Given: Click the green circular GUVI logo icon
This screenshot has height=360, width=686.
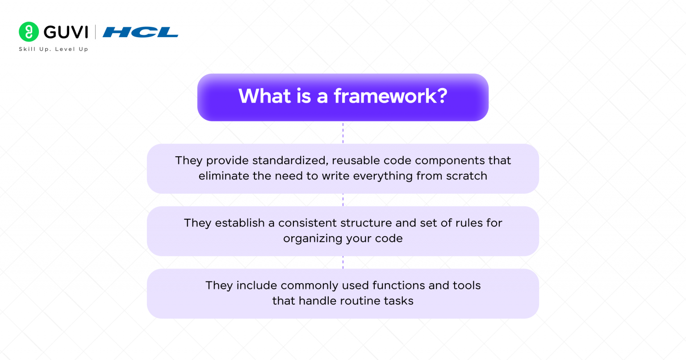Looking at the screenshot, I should coord(29,32).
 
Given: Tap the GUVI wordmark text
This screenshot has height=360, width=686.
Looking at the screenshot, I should coord(66,32).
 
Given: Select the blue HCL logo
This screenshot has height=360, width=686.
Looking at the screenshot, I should coord(140,32).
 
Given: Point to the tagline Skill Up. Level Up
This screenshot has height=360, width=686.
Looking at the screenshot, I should coord(54,49).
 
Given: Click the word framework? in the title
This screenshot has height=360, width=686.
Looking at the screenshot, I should coord(390,96).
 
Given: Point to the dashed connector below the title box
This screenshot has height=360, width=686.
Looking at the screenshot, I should coord(343,133).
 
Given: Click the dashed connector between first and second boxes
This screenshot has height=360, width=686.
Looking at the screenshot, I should coord(343,200).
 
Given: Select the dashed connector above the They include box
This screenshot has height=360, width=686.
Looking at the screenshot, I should coord(343,262).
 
